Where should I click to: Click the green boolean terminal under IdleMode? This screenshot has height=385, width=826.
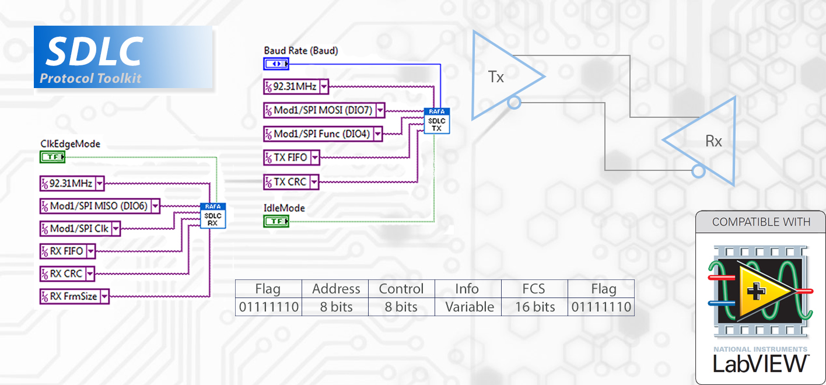[x=276, y=221]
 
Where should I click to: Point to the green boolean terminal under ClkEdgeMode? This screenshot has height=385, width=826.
[x=52, y=157]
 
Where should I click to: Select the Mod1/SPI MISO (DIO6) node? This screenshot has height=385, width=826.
[x=100, y=206]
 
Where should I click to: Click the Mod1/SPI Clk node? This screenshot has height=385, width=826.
[x=80, y=228]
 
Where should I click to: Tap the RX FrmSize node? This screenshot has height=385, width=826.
[x=74, y=296]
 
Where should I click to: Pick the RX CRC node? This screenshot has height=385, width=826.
[x=67, y=273]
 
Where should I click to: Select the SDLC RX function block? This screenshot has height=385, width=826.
[x=212, y=216]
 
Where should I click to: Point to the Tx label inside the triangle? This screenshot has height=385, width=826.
[x=496, y=77]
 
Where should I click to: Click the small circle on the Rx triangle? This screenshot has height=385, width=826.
[x=696, y=171]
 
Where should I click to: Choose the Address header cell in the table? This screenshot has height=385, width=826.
[x=335, y=289]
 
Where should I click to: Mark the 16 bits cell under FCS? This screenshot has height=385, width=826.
[x=534, y=307]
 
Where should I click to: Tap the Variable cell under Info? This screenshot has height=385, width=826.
[x=468, y=307]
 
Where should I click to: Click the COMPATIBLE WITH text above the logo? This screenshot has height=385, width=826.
[x=761, y=222]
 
